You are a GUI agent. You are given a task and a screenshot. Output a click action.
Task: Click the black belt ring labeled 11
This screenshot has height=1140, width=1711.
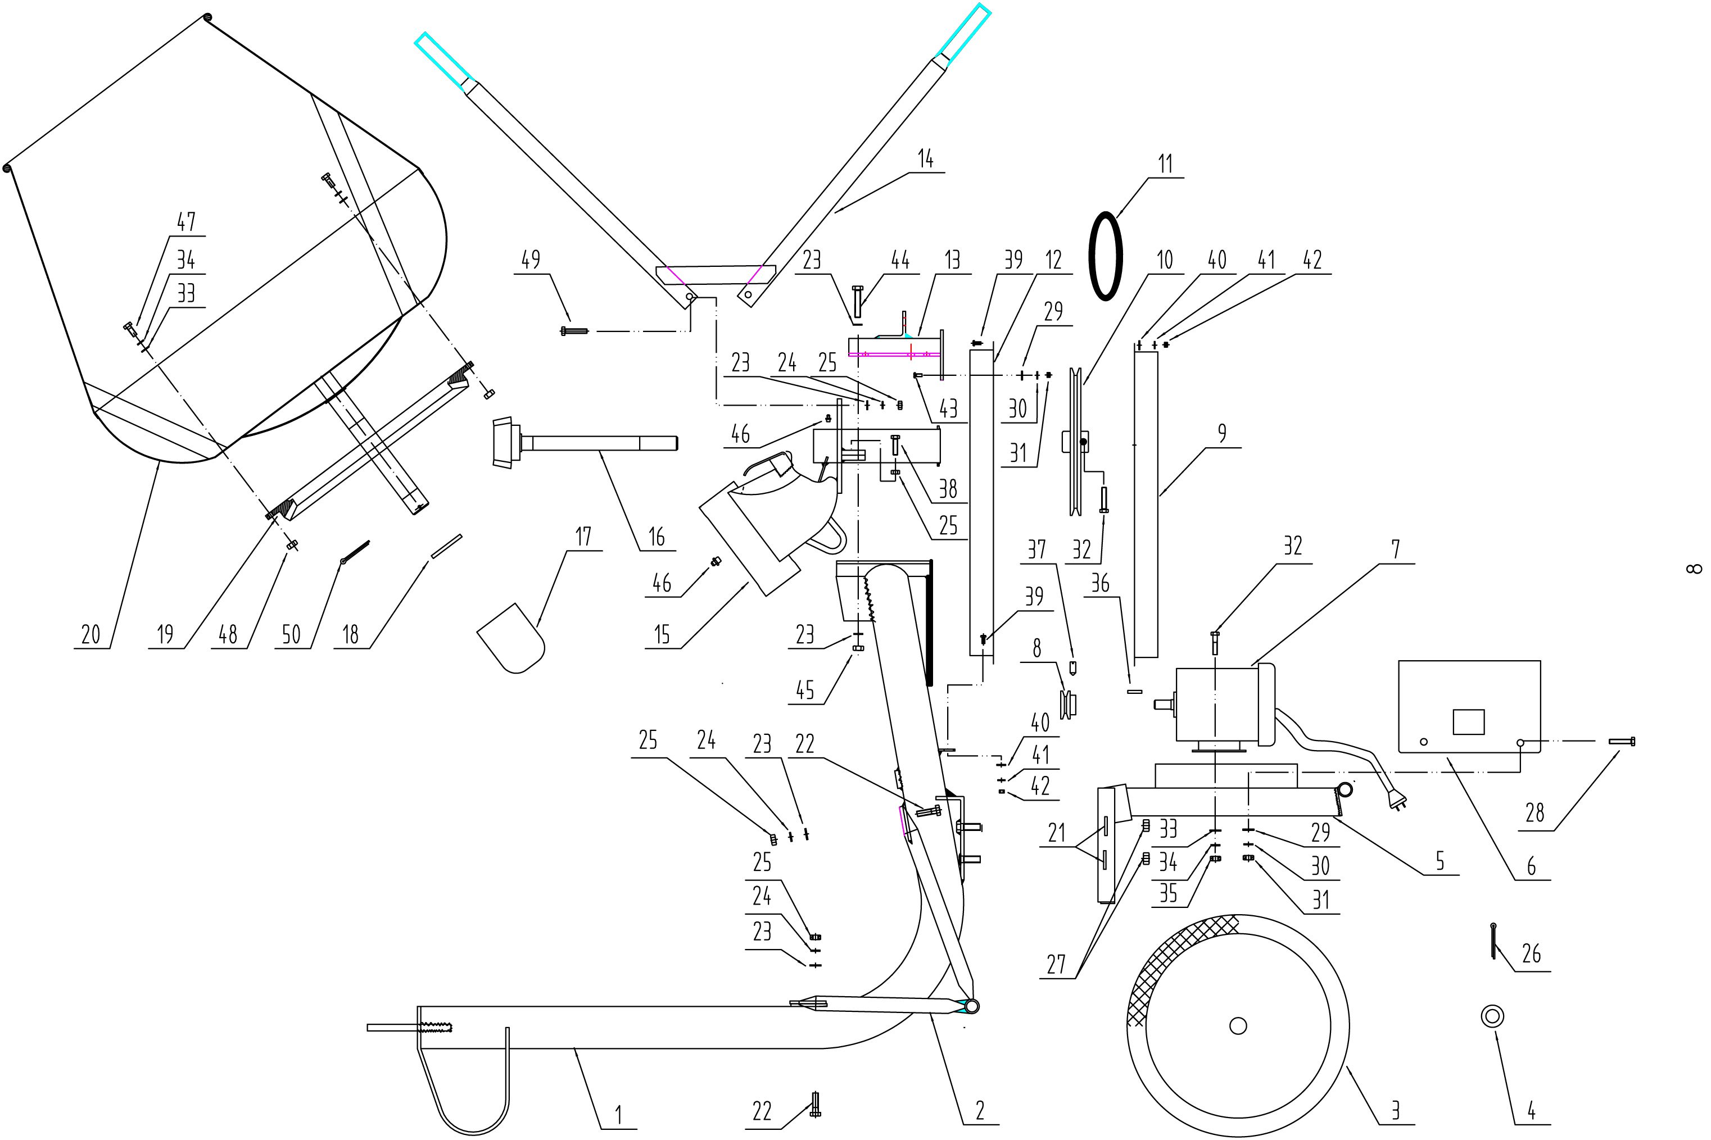click(1092, 255)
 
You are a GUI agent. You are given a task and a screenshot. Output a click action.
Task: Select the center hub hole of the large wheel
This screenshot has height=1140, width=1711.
click(1238, 1026)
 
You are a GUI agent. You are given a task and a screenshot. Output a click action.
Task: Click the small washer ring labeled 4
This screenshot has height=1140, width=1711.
click(1492, 1016)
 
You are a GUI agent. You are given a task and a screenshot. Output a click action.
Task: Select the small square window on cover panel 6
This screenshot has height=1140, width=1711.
click(1468, 722)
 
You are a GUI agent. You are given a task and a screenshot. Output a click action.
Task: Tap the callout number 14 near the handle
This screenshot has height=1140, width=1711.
click(925, 158)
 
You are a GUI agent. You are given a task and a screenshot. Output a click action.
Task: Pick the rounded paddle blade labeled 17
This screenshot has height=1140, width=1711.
click(511, 638)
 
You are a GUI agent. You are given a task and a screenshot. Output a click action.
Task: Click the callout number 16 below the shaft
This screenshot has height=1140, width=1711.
click(657, 537)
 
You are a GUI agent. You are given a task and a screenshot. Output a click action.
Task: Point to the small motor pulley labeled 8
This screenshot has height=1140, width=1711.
click(1069, 704)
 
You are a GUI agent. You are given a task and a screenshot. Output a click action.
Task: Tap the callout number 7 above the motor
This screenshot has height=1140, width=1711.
click(1396, 549)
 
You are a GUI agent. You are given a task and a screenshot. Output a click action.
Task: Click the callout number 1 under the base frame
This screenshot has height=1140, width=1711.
click(619, 1115)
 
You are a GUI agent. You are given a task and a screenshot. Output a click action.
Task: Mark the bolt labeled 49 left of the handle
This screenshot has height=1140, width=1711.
click(574, 331)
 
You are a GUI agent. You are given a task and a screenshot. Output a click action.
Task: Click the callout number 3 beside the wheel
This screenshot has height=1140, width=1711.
click(1395, 1111)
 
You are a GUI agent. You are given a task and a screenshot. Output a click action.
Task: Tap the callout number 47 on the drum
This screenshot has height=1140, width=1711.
click(186, 222)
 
